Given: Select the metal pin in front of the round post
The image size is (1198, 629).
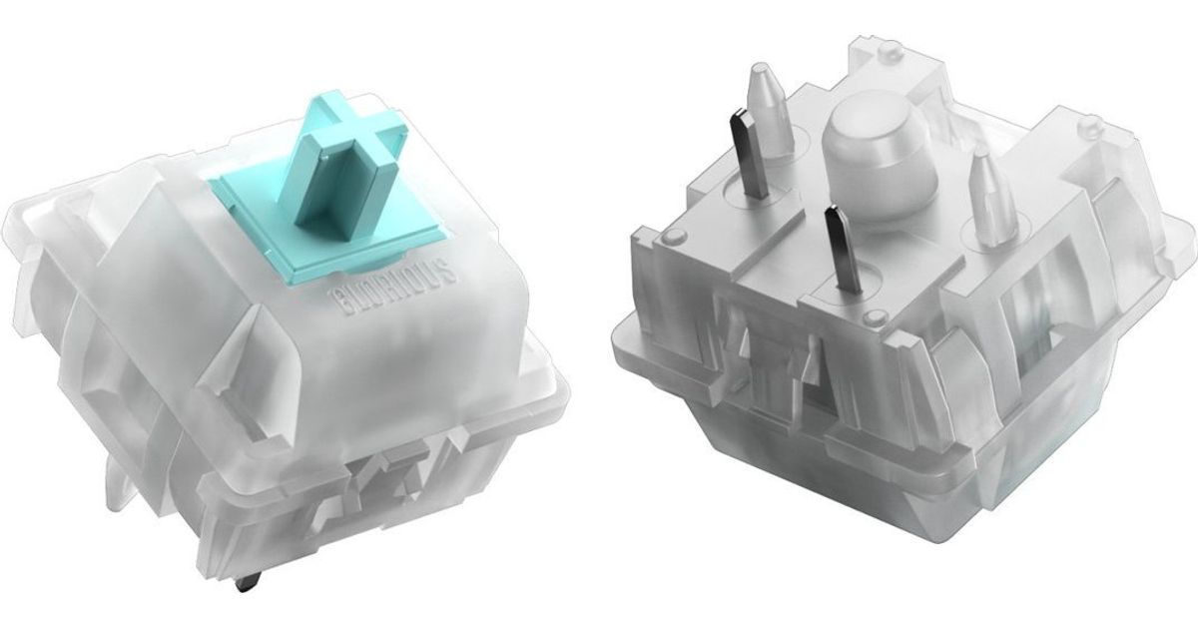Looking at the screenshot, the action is pos(844,250).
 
